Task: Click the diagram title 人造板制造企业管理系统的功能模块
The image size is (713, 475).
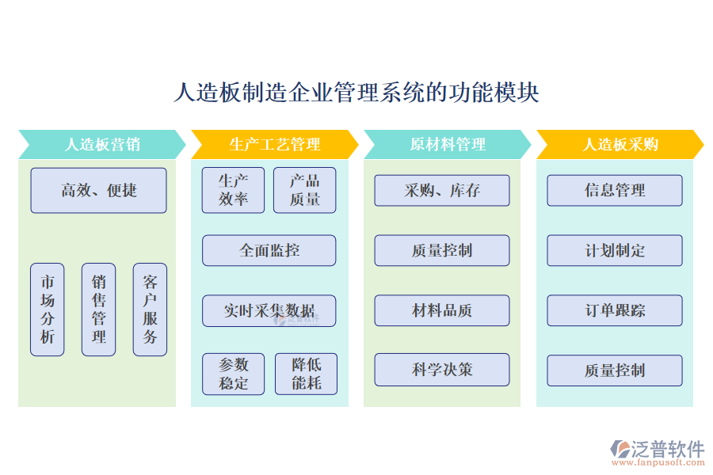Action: click(356, 93)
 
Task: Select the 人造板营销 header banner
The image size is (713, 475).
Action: click(101, 144)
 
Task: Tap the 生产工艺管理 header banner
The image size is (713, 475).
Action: click(274, 144)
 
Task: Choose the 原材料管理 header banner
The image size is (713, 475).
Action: click(447, 144)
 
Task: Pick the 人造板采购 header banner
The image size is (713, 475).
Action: click(620, 144)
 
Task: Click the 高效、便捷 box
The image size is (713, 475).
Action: click(98, 190)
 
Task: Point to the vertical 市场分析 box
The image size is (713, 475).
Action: click(48, 310)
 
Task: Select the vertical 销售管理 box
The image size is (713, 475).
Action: click(98, 310)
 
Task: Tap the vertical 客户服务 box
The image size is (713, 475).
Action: click(150, 310)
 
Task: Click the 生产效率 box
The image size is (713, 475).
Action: click(233, 190)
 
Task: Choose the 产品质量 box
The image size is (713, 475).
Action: click(304, 190)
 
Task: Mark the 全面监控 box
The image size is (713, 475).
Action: click(269, 250)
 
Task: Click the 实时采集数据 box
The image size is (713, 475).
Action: click(269, 310)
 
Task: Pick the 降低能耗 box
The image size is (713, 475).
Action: click(306, 374)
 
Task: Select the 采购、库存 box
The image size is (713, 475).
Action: click(442, 190)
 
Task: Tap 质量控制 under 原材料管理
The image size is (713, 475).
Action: click(442, 250)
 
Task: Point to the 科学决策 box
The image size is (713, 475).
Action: click(442, 370)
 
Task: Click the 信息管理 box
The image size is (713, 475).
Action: click(614, 190)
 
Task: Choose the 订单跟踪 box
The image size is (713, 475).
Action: click(614, 310)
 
